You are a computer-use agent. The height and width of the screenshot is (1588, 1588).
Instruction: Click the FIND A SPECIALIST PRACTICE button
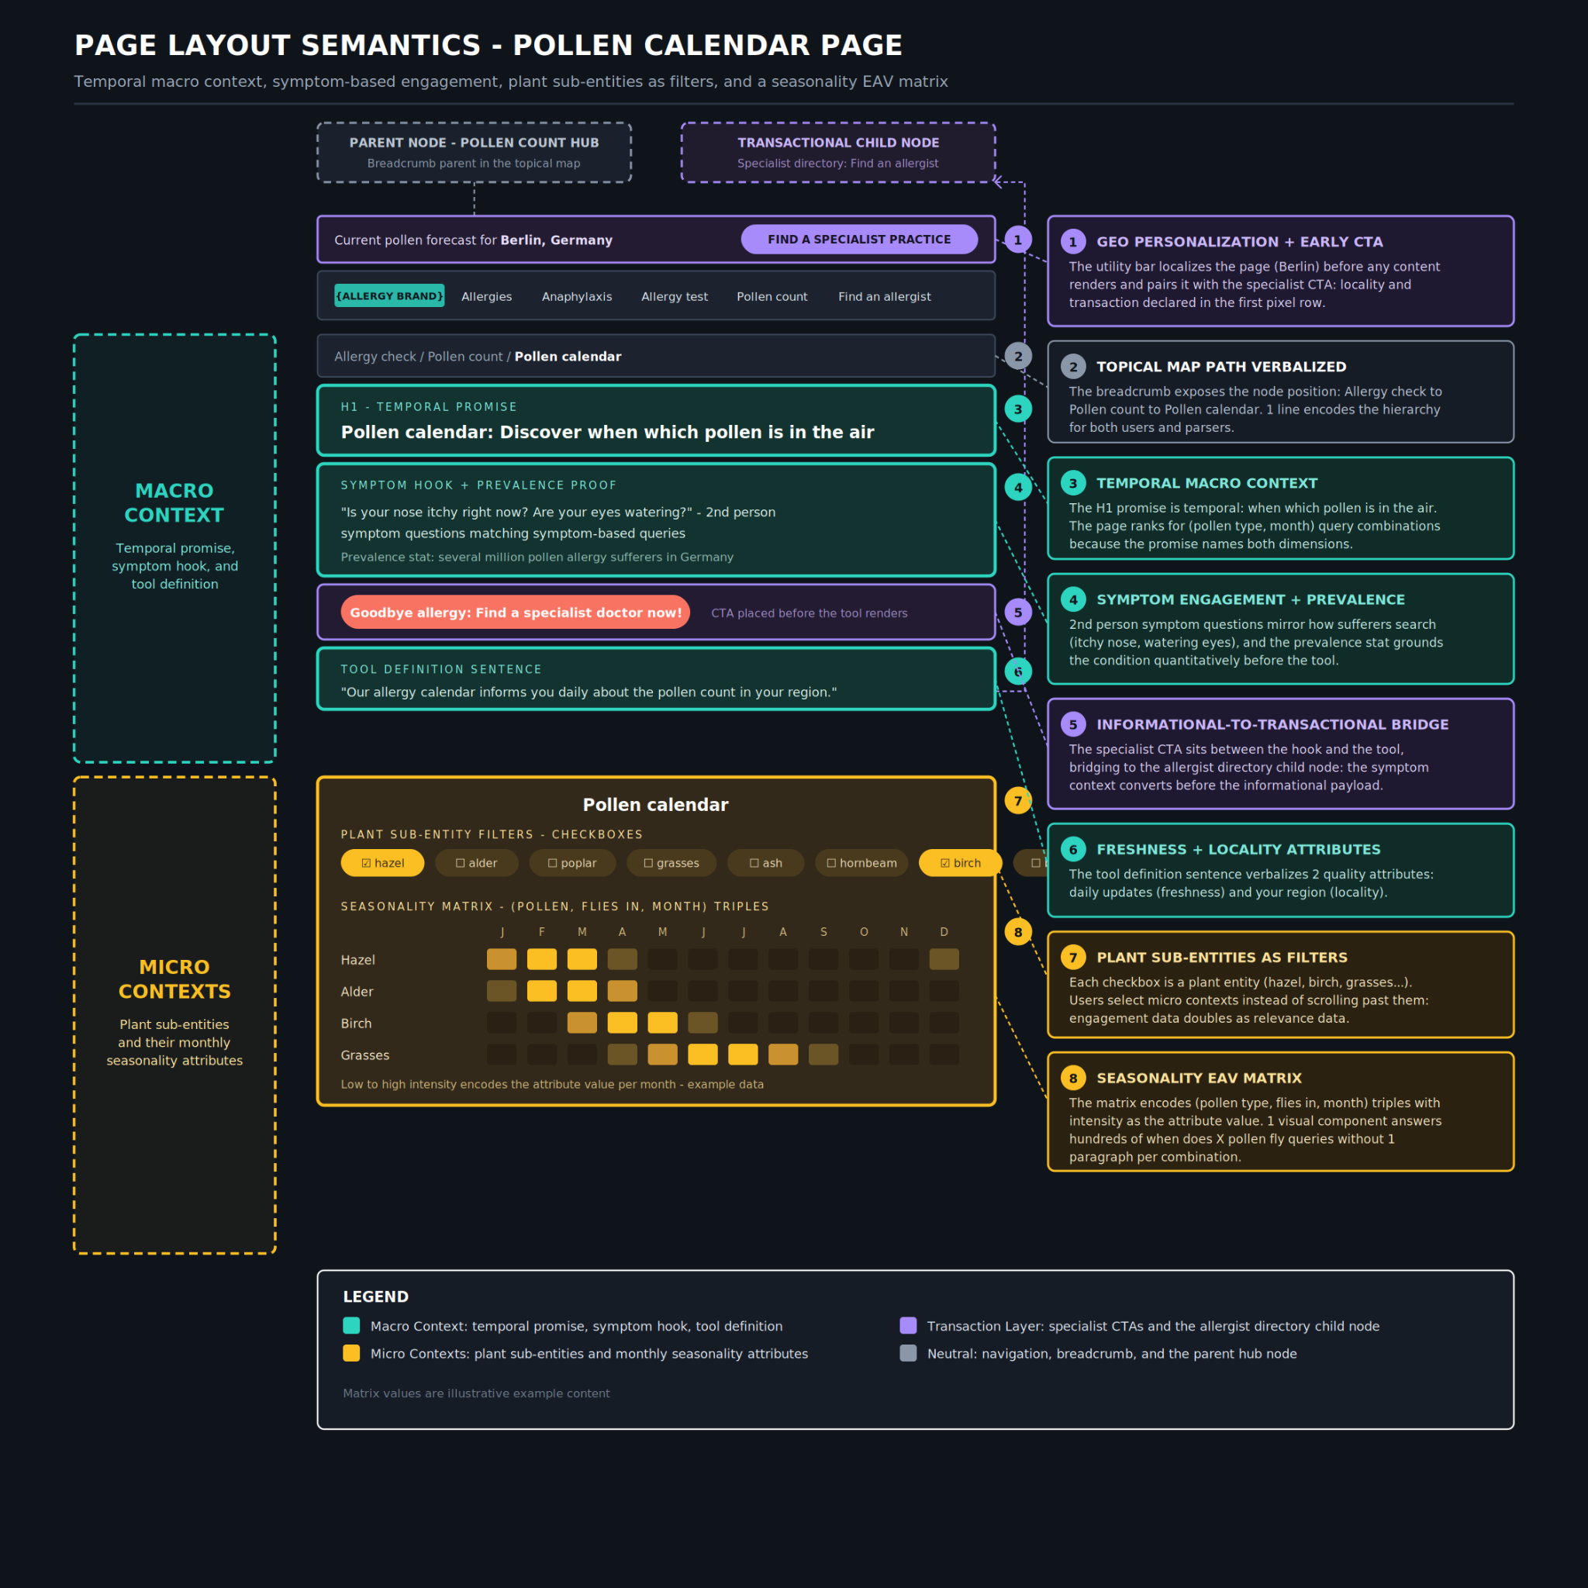click(859, 239)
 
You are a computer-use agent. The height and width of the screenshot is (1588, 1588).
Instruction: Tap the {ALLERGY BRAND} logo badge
click(389, 296)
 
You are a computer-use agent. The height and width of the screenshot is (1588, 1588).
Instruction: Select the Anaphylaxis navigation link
click(577, 297)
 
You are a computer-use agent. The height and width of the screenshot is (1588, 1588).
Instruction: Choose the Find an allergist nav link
click(885, 297)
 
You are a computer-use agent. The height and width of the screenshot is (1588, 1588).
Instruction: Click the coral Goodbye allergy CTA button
click(516, 613)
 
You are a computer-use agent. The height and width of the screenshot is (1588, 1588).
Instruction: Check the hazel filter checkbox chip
click(383, 863)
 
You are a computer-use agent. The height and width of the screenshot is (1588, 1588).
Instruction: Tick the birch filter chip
click(960, 863)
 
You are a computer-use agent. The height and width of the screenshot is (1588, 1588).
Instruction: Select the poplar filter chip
click(572, 863)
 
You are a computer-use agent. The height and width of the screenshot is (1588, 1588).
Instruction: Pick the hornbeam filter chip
click(861, 863)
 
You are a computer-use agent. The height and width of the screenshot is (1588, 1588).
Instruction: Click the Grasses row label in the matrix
click(365, 1055)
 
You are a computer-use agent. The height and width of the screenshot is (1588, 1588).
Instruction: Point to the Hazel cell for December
click(944, 959)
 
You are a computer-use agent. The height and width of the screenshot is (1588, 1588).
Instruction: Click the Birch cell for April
click(622, 1024)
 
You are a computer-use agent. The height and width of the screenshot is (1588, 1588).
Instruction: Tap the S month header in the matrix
click(823, 932)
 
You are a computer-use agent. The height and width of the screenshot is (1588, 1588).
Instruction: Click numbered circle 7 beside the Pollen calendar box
click(1018, 800)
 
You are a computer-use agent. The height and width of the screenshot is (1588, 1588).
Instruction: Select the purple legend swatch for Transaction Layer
click(908, 1326)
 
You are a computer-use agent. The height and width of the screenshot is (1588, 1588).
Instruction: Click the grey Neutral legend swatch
click(908, 1354)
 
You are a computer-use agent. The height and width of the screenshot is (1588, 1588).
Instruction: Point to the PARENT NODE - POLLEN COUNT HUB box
click(475, 153)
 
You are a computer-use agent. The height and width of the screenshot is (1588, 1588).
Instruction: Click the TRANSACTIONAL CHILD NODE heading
click(838, 143)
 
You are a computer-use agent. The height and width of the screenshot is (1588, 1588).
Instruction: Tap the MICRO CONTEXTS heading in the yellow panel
click(174, 979)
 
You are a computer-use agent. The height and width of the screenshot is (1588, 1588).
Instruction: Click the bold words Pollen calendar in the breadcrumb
click(568, 357)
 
